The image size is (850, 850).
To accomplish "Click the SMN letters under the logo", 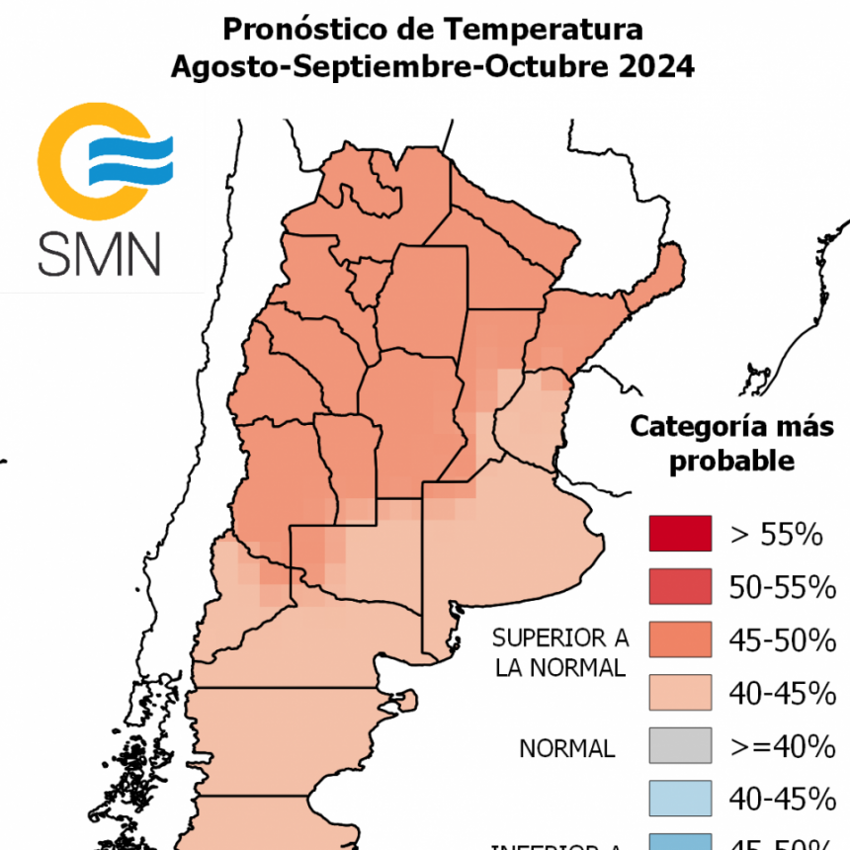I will [99, 254].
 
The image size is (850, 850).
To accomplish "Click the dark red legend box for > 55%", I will [680, 534].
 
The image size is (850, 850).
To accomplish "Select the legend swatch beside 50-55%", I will [680, 587].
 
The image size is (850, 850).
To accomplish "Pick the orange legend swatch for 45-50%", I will [680, 640].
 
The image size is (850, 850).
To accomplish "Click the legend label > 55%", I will [777, 535].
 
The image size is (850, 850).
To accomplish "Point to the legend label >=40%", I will [777, 746].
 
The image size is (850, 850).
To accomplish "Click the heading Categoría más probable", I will [732, 444].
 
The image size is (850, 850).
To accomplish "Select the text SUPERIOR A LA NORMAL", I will [559, 651].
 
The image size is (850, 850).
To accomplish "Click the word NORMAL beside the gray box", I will [566, 748].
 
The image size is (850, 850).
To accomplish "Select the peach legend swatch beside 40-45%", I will [680, 693].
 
